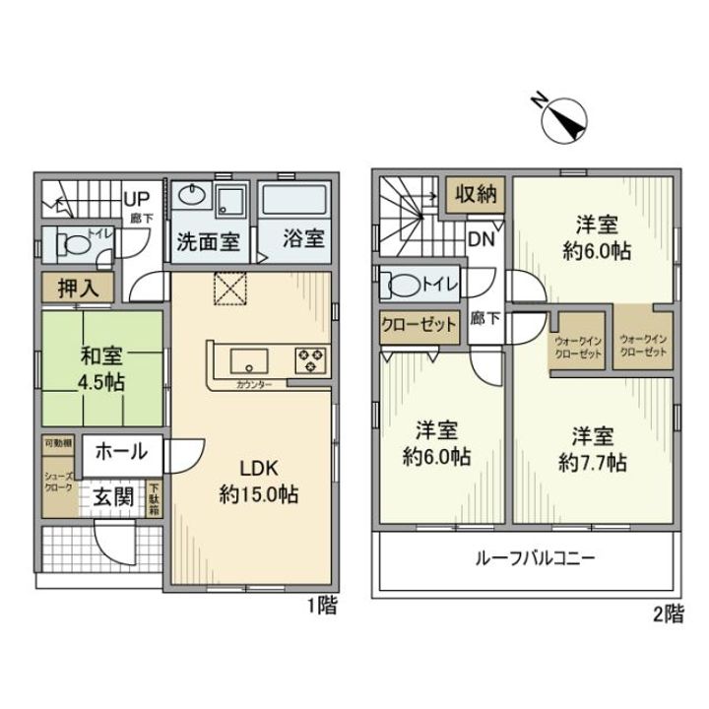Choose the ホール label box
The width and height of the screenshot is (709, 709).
click(122, 452)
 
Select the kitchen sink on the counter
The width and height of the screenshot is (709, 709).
click(243, 356)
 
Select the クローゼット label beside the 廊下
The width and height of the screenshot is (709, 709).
click(420, 325)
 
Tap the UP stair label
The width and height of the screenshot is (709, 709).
click(136, 197)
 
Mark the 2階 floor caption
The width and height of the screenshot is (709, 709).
click(668, 615)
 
